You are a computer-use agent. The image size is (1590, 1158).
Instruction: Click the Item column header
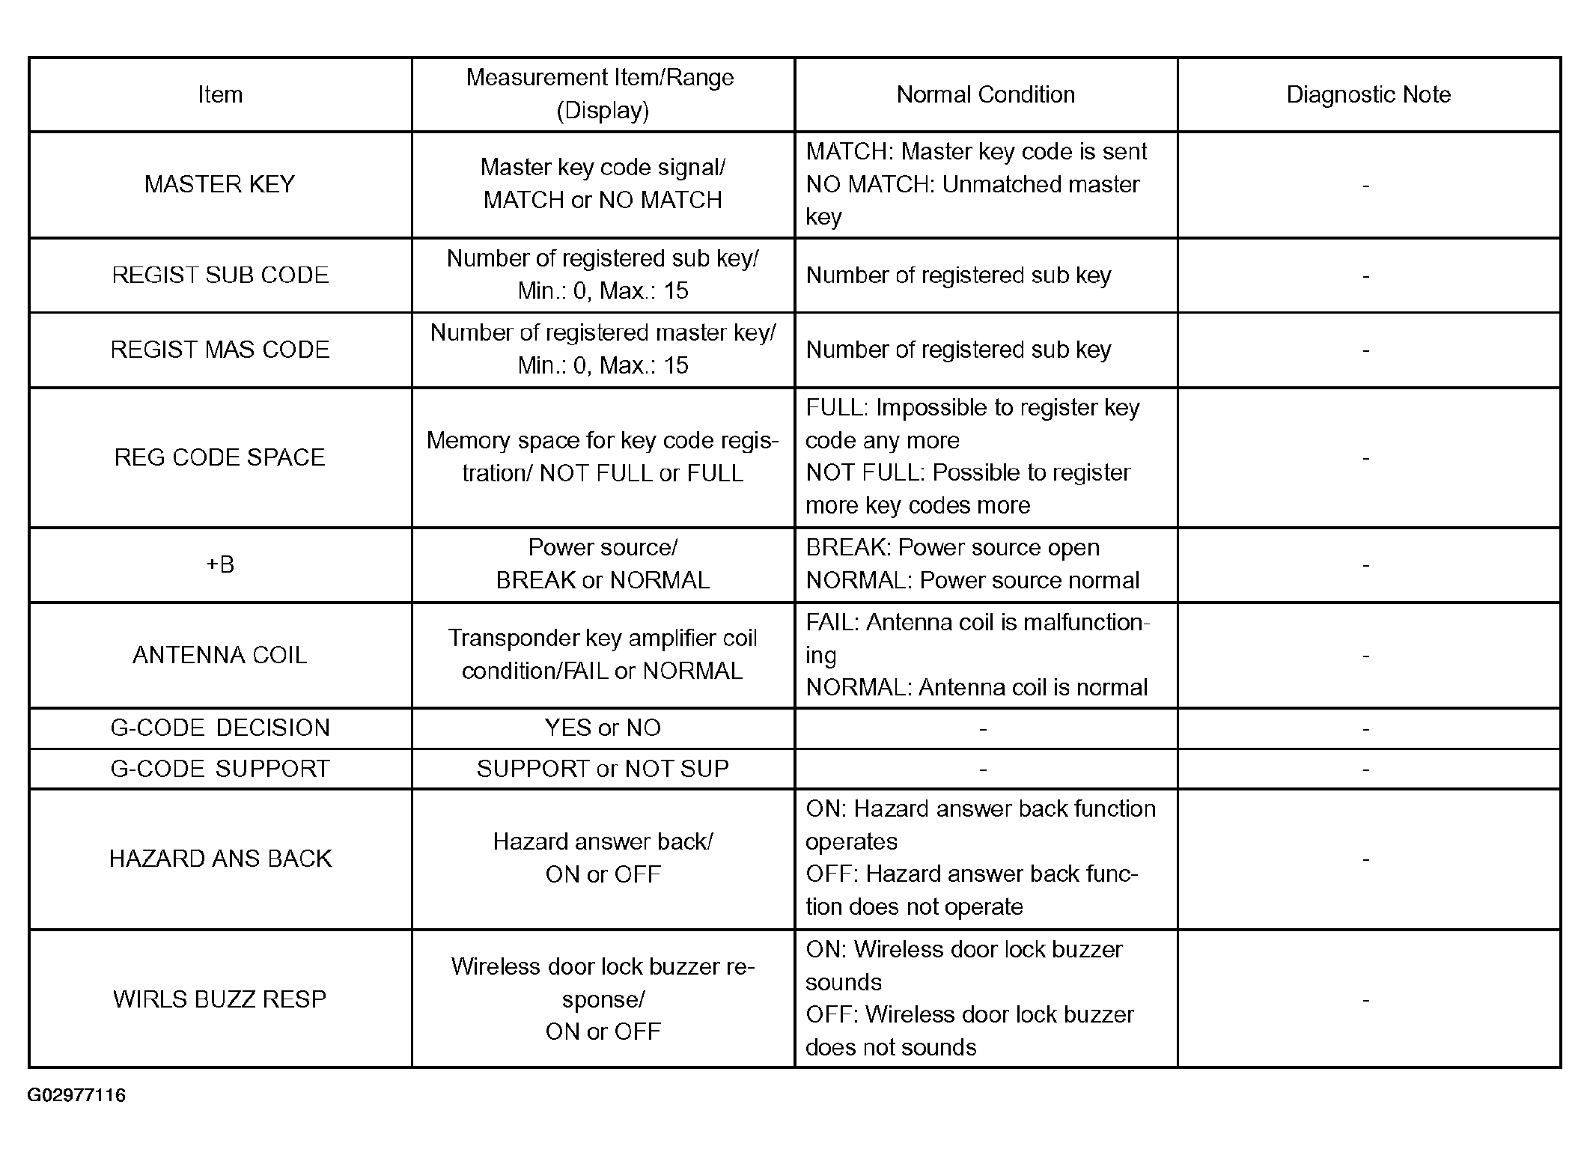point(220,95)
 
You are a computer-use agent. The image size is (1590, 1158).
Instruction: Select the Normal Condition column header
point(985,95)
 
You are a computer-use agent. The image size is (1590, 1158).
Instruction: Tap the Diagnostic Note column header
point(1368,95)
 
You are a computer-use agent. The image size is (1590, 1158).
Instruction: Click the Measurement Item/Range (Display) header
point(602,94)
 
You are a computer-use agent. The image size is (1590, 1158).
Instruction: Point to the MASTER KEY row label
point(220,184)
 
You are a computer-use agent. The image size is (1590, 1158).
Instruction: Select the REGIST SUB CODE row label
point(220,275)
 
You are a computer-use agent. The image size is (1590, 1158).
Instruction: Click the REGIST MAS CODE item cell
point(220,350)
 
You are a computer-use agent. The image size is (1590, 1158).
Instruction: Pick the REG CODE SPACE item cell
point(220,457)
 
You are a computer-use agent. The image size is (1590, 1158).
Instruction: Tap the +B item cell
point(220,564)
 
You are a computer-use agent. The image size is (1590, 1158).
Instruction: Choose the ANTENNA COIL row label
point(220,655)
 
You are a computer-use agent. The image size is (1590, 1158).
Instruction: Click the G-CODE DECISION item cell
point(220,728)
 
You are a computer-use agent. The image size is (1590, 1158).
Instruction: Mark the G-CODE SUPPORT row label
point(220,769)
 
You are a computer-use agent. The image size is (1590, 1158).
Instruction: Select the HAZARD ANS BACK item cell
point(220,859)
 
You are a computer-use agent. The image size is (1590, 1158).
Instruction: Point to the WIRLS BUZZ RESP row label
point(220,999)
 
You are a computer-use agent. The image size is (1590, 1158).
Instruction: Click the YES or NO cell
point(603,728)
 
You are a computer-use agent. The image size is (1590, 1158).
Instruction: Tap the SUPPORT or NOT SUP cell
point(603,769)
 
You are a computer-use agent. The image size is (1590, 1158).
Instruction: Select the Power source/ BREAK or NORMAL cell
point(603,564)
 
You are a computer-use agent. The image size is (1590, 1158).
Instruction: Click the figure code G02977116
point(76,1096)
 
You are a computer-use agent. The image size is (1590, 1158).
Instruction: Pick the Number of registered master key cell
point(603,350)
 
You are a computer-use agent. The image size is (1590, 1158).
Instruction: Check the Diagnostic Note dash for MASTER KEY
point(1366,186)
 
